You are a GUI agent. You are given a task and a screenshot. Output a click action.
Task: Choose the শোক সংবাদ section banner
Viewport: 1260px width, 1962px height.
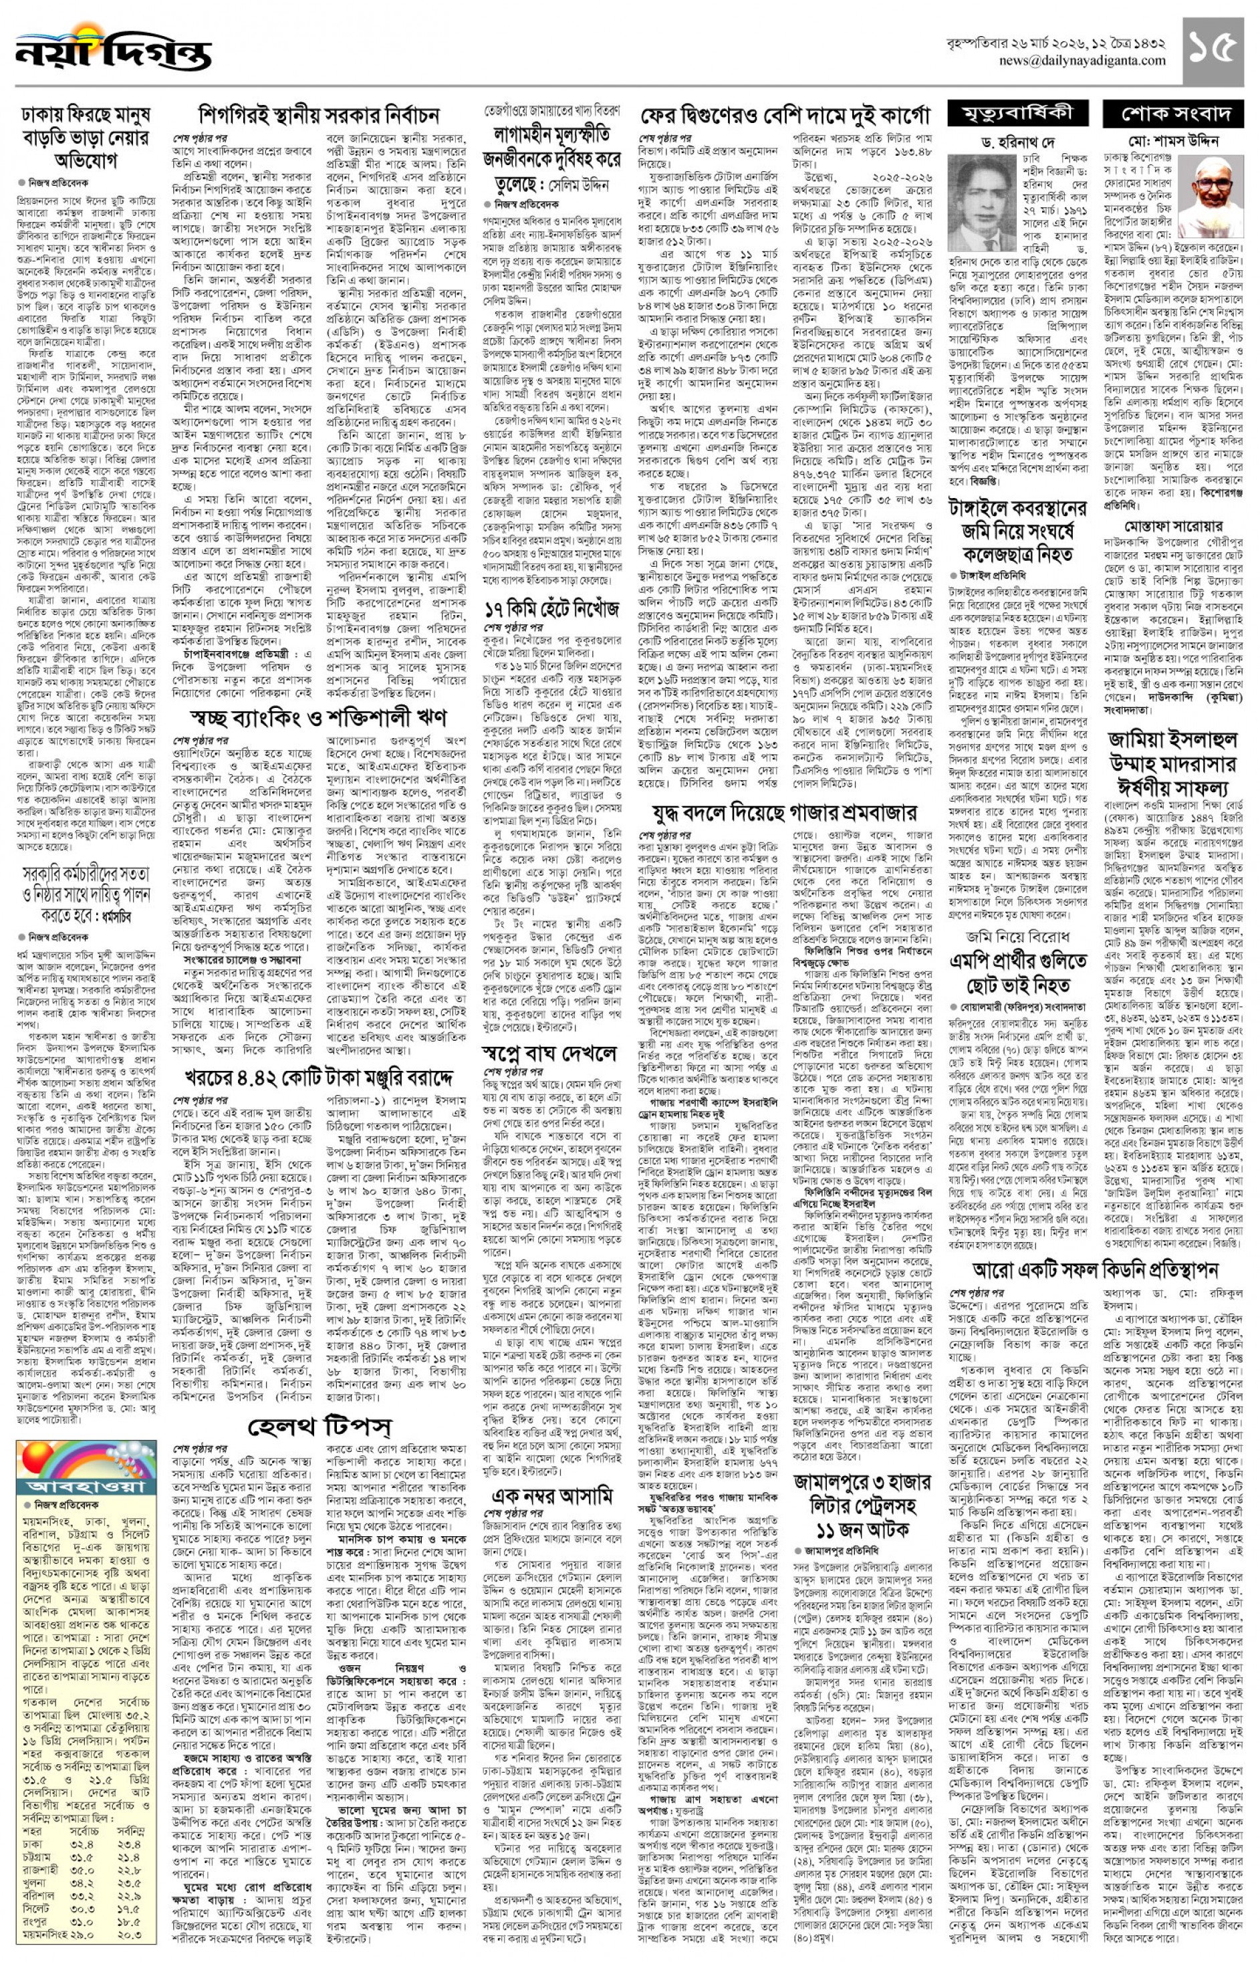tap(1172, 113)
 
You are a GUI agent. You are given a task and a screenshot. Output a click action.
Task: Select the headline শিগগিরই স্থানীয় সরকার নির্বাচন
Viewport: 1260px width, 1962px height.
tap(319, 114)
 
